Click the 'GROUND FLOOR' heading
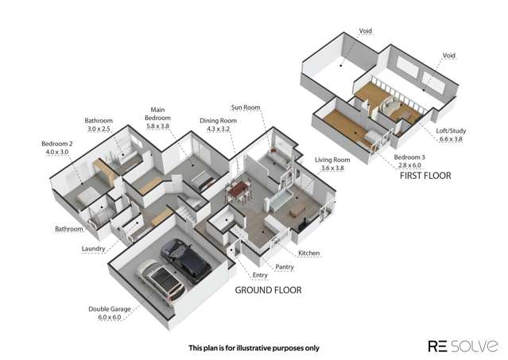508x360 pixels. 268,290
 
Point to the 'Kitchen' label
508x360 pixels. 309,254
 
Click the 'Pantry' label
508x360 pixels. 285,267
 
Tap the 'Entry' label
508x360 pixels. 260,276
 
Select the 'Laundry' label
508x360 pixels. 94,249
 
